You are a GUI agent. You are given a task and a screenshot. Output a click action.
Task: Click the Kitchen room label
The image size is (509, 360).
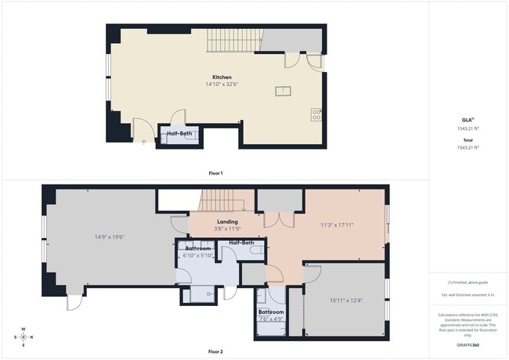point(222,77)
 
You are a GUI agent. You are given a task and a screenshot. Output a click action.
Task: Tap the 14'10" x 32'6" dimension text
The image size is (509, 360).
point(222,85)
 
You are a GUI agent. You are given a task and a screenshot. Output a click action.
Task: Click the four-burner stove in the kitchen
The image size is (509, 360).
point(317,114)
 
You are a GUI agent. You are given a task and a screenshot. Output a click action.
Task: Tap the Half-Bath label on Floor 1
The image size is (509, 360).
point(179,134)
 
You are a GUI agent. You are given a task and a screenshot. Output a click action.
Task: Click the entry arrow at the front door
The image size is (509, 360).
point(143,143)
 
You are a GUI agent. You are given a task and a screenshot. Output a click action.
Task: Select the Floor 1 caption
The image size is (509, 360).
point(215,172)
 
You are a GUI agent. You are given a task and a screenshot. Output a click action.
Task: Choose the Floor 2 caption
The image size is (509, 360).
point(215,351)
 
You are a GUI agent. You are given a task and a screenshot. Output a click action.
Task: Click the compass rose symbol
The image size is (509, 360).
point(23,337)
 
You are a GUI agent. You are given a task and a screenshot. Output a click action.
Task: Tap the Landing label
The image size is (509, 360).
point(227,221)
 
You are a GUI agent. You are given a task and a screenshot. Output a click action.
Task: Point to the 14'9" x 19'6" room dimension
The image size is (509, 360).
point(106,236)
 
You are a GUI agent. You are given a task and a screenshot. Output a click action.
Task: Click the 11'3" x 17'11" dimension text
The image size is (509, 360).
point(338,225)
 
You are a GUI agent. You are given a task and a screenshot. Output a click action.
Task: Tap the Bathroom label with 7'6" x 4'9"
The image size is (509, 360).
point(271,312)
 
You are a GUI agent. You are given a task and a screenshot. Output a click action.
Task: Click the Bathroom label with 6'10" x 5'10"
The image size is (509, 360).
point(198,249)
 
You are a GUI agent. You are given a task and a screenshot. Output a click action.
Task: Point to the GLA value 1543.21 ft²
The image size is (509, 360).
point(467,128)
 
